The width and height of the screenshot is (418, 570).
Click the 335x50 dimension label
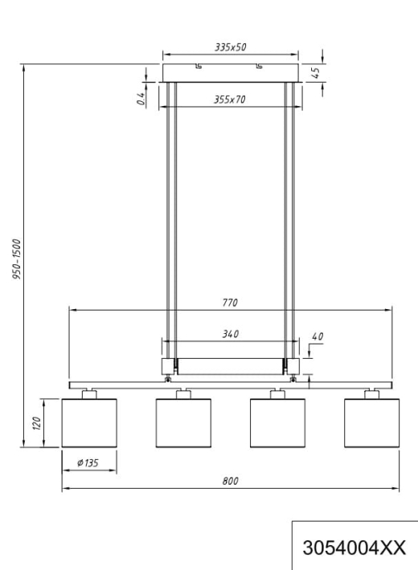(230, 47)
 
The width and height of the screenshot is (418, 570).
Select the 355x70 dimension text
(229, 100)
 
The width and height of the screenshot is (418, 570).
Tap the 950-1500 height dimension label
(17, 259)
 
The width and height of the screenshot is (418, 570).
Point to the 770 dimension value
(230, 303)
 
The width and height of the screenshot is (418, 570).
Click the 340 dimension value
(231, 334)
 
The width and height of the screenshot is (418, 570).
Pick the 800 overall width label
(230, 481)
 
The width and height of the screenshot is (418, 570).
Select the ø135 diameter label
(88, 462)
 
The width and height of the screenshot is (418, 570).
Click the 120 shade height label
(37, 424)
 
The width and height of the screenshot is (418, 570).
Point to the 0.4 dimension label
(141, 98)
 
